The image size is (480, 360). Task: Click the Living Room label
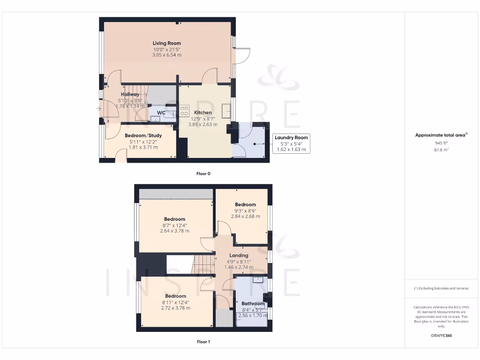166,43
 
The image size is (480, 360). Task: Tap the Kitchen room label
202,112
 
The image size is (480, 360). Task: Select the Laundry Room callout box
291,143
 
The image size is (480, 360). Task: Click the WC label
161,113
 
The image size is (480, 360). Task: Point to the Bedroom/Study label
143,135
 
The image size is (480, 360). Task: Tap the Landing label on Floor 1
239,255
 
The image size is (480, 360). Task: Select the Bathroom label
253,304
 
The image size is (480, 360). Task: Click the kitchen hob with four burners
184,111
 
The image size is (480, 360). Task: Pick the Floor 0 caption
203,173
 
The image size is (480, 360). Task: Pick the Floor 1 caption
203,342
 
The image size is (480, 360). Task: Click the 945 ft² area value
441,143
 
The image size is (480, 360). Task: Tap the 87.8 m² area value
441,150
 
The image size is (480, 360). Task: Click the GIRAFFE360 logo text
441,336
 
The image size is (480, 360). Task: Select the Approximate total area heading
441,135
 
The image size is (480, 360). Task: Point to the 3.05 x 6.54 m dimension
166,55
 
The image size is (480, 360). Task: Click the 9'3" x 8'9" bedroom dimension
245,210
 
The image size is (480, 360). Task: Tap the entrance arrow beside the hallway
98,109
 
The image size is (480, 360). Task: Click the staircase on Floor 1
203,265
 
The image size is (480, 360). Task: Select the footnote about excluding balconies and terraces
441,288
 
